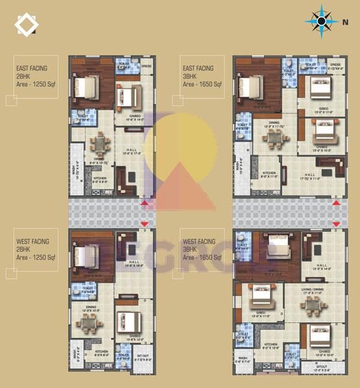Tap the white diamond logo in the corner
[27, 25]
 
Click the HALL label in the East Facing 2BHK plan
[132, 150]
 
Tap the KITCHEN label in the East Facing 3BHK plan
[269, 173]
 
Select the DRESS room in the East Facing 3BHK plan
[335, 65]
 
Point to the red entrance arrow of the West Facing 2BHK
[144, 224]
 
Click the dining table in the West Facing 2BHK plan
[93, 327]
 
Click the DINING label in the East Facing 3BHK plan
[274, 122]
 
